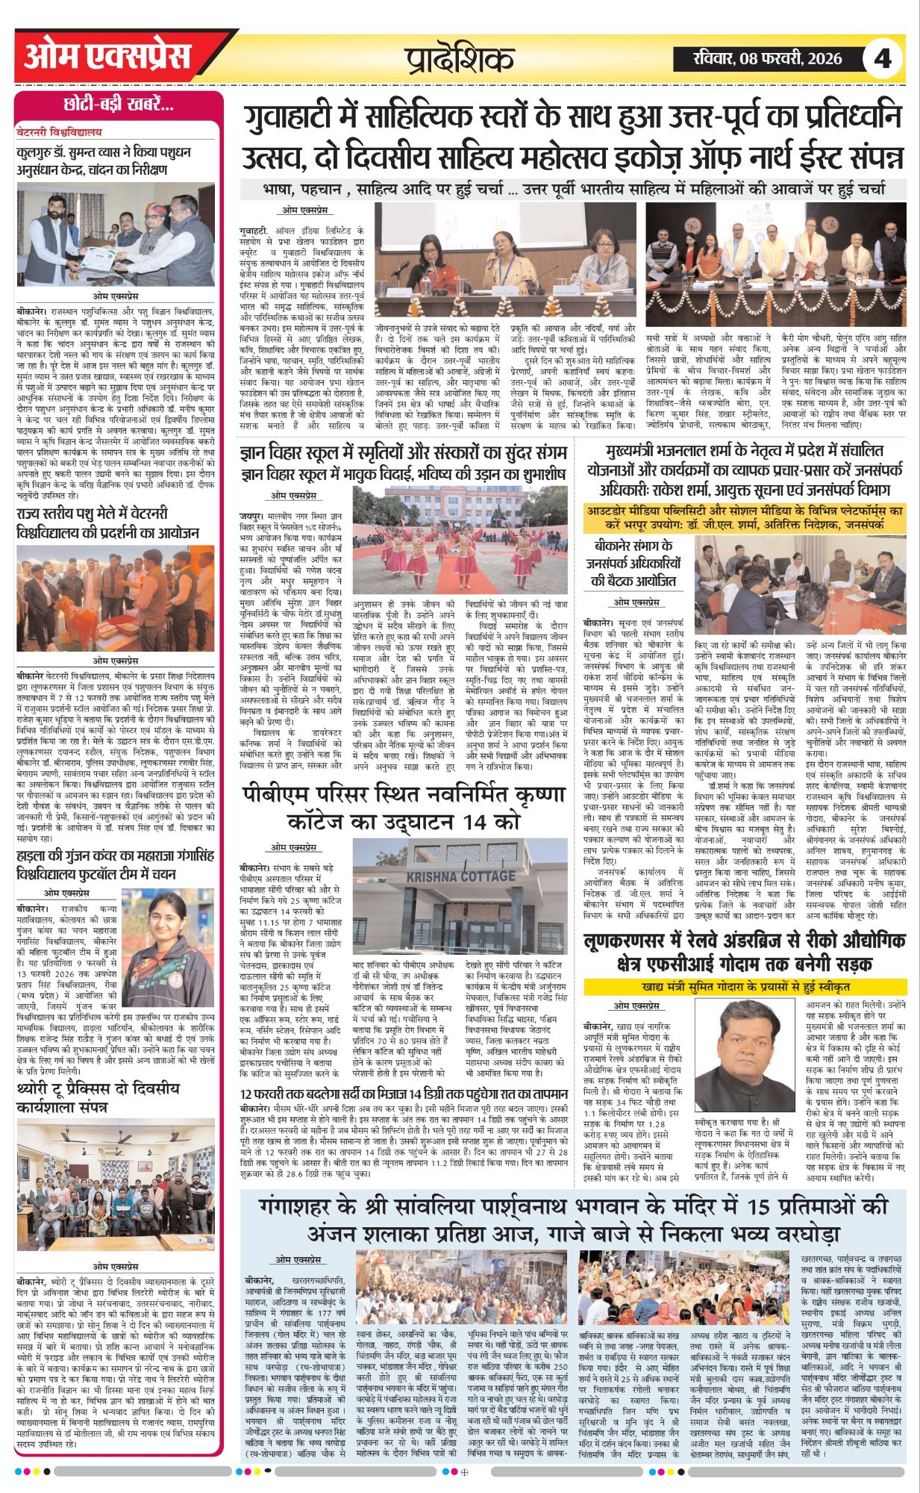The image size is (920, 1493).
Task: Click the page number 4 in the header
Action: [x=883, y=58]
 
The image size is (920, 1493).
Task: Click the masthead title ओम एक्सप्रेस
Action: [x=107, y=57]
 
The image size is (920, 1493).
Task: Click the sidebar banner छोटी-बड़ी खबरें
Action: [x=119, y=105]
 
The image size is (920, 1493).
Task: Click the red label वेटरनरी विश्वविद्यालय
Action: [x=59, y=132]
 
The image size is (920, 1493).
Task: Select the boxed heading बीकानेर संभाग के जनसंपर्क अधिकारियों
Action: [x=636, y=563]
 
